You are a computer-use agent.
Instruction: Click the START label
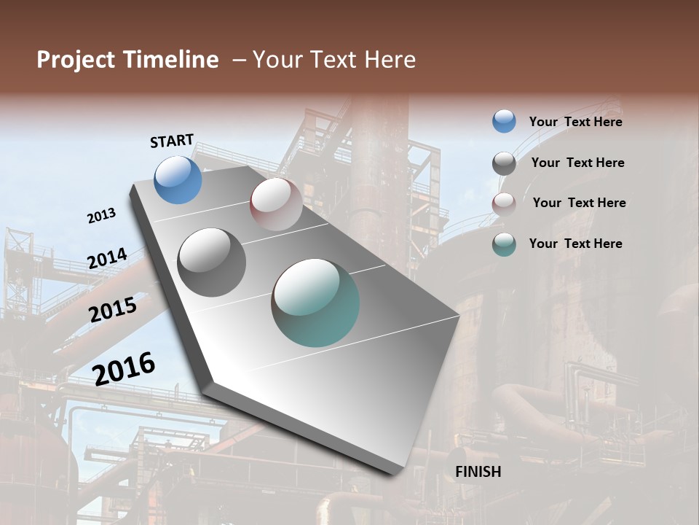[x=172, y=141]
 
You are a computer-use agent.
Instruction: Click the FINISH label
[x=478, y=472]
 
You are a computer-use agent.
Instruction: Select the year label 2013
[x=101, y=216]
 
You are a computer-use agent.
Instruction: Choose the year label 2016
[x=124, y=368]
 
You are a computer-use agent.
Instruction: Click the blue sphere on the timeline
[x=178, y=180]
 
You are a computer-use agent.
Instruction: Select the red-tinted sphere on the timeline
[x=276, y=204]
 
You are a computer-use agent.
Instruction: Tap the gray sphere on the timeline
[x=212, y=262]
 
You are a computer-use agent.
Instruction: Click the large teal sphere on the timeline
[x=315, y=303]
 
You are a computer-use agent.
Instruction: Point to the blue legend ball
[x=504, y=121]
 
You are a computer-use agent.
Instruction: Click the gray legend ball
[x=504, y=163]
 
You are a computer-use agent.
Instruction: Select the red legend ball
[x=504, y=204]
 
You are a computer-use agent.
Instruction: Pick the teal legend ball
[x=504, y=244]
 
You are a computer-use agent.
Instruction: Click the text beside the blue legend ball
[x=575, y=122]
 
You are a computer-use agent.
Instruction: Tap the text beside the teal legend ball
[x=575, y=244]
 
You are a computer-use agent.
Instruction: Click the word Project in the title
[x=76, y=60]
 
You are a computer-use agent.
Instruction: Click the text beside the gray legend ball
[x=577, y=163]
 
